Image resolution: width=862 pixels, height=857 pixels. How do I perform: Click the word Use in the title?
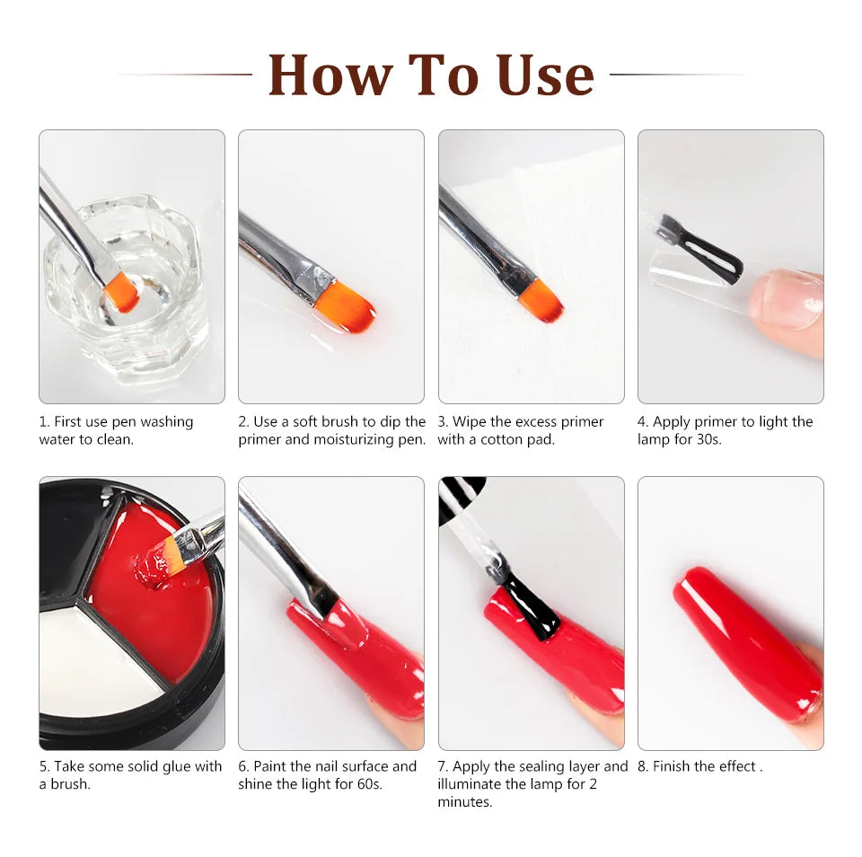point(545,75)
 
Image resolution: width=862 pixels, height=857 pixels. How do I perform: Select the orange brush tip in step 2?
point(345,305)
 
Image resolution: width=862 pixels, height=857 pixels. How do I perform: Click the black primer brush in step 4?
point(702,249)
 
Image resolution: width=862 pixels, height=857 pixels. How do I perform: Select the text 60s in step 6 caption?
point(369,784)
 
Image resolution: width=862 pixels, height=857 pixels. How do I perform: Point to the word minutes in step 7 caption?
point(464,801)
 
